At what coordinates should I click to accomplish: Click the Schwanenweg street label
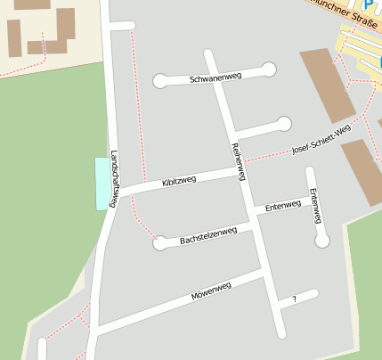[215, 78]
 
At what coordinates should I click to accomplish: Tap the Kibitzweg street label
[179, 182]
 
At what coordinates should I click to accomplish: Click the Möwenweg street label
[211, 291]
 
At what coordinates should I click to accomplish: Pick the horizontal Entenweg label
[283, 206]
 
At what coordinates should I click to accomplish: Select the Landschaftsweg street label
[114, 178]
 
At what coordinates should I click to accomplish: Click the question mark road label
[293, 299]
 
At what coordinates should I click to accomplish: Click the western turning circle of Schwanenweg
[160, 81]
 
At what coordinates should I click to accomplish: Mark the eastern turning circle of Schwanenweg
[269, 69]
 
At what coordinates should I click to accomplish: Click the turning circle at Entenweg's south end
[322, 240]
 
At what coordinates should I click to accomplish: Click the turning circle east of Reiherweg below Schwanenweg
[284, 123]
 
